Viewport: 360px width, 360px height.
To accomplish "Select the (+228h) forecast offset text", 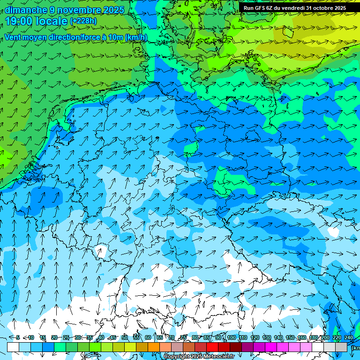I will point(83,21).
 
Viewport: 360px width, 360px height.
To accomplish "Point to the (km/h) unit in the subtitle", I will point(136,37).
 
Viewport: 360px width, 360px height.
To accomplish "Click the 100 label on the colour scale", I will point(232,337).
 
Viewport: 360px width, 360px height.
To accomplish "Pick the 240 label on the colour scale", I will point(349,337).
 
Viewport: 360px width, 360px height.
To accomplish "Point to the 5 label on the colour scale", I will point(18,337).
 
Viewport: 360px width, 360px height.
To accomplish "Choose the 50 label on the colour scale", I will point(125,337).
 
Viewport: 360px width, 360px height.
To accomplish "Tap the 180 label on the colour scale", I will point(314,337).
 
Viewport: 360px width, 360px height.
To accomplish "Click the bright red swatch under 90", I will point(212,347).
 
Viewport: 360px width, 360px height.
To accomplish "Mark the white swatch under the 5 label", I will point(13,347).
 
